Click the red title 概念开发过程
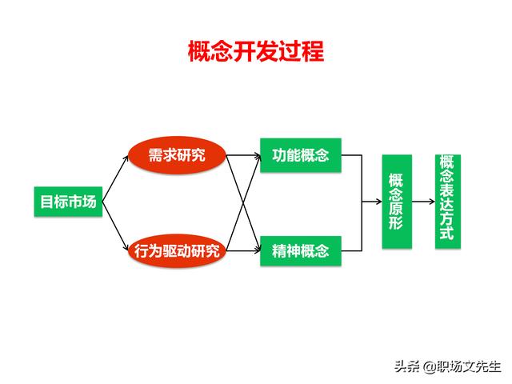click(256, 51)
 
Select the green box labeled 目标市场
click(68, 202)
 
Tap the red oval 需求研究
click(177, 155)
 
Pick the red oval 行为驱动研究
click(177, 250)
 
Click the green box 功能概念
click(301, 155)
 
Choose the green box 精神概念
click(301, 250)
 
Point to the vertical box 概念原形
click(397, 202)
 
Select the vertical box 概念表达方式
click(448, 202)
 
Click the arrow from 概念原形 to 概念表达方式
click(423, 202)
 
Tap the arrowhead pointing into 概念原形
click(379, 202)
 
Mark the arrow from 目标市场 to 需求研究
click(115, 178)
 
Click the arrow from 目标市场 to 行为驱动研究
click(115, 226)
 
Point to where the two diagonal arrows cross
click(243, 203)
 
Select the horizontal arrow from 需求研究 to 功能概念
click(243, 155)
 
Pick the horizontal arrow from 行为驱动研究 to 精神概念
click(243, 250)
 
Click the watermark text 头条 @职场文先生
click(448, 366)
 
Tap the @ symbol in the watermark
click(430, 367)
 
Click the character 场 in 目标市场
click(89, 202)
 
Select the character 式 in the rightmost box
click(447, 234)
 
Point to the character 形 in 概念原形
click(396, 223)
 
